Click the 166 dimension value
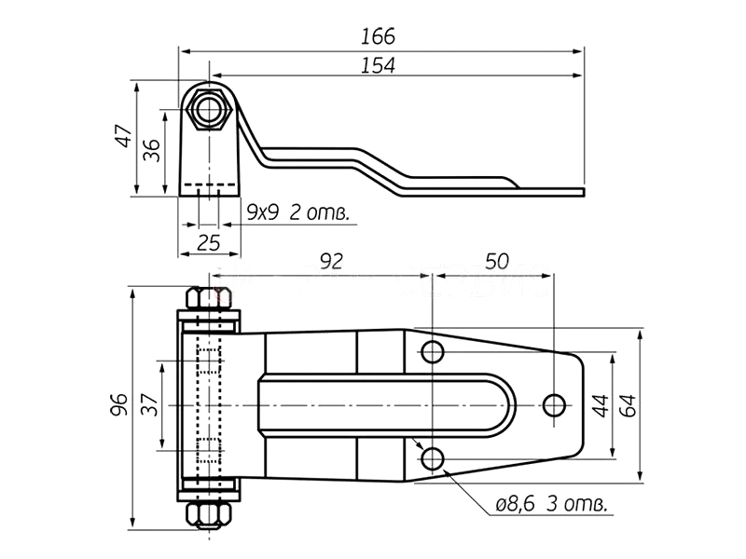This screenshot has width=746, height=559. (379, 36)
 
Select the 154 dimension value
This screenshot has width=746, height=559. (379, 65)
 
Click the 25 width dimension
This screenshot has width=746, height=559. (210, 244)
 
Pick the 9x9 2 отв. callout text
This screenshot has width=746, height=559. (298, 213)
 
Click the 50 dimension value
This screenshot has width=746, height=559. (498, 262)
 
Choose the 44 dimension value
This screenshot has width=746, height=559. (601, 405)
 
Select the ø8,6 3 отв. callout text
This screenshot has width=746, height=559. (552, 505)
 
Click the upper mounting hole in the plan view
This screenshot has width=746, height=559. (432, 351)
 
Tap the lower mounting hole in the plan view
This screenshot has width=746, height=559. (432, 457)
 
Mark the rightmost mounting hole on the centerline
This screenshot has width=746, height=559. (554, 404)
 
